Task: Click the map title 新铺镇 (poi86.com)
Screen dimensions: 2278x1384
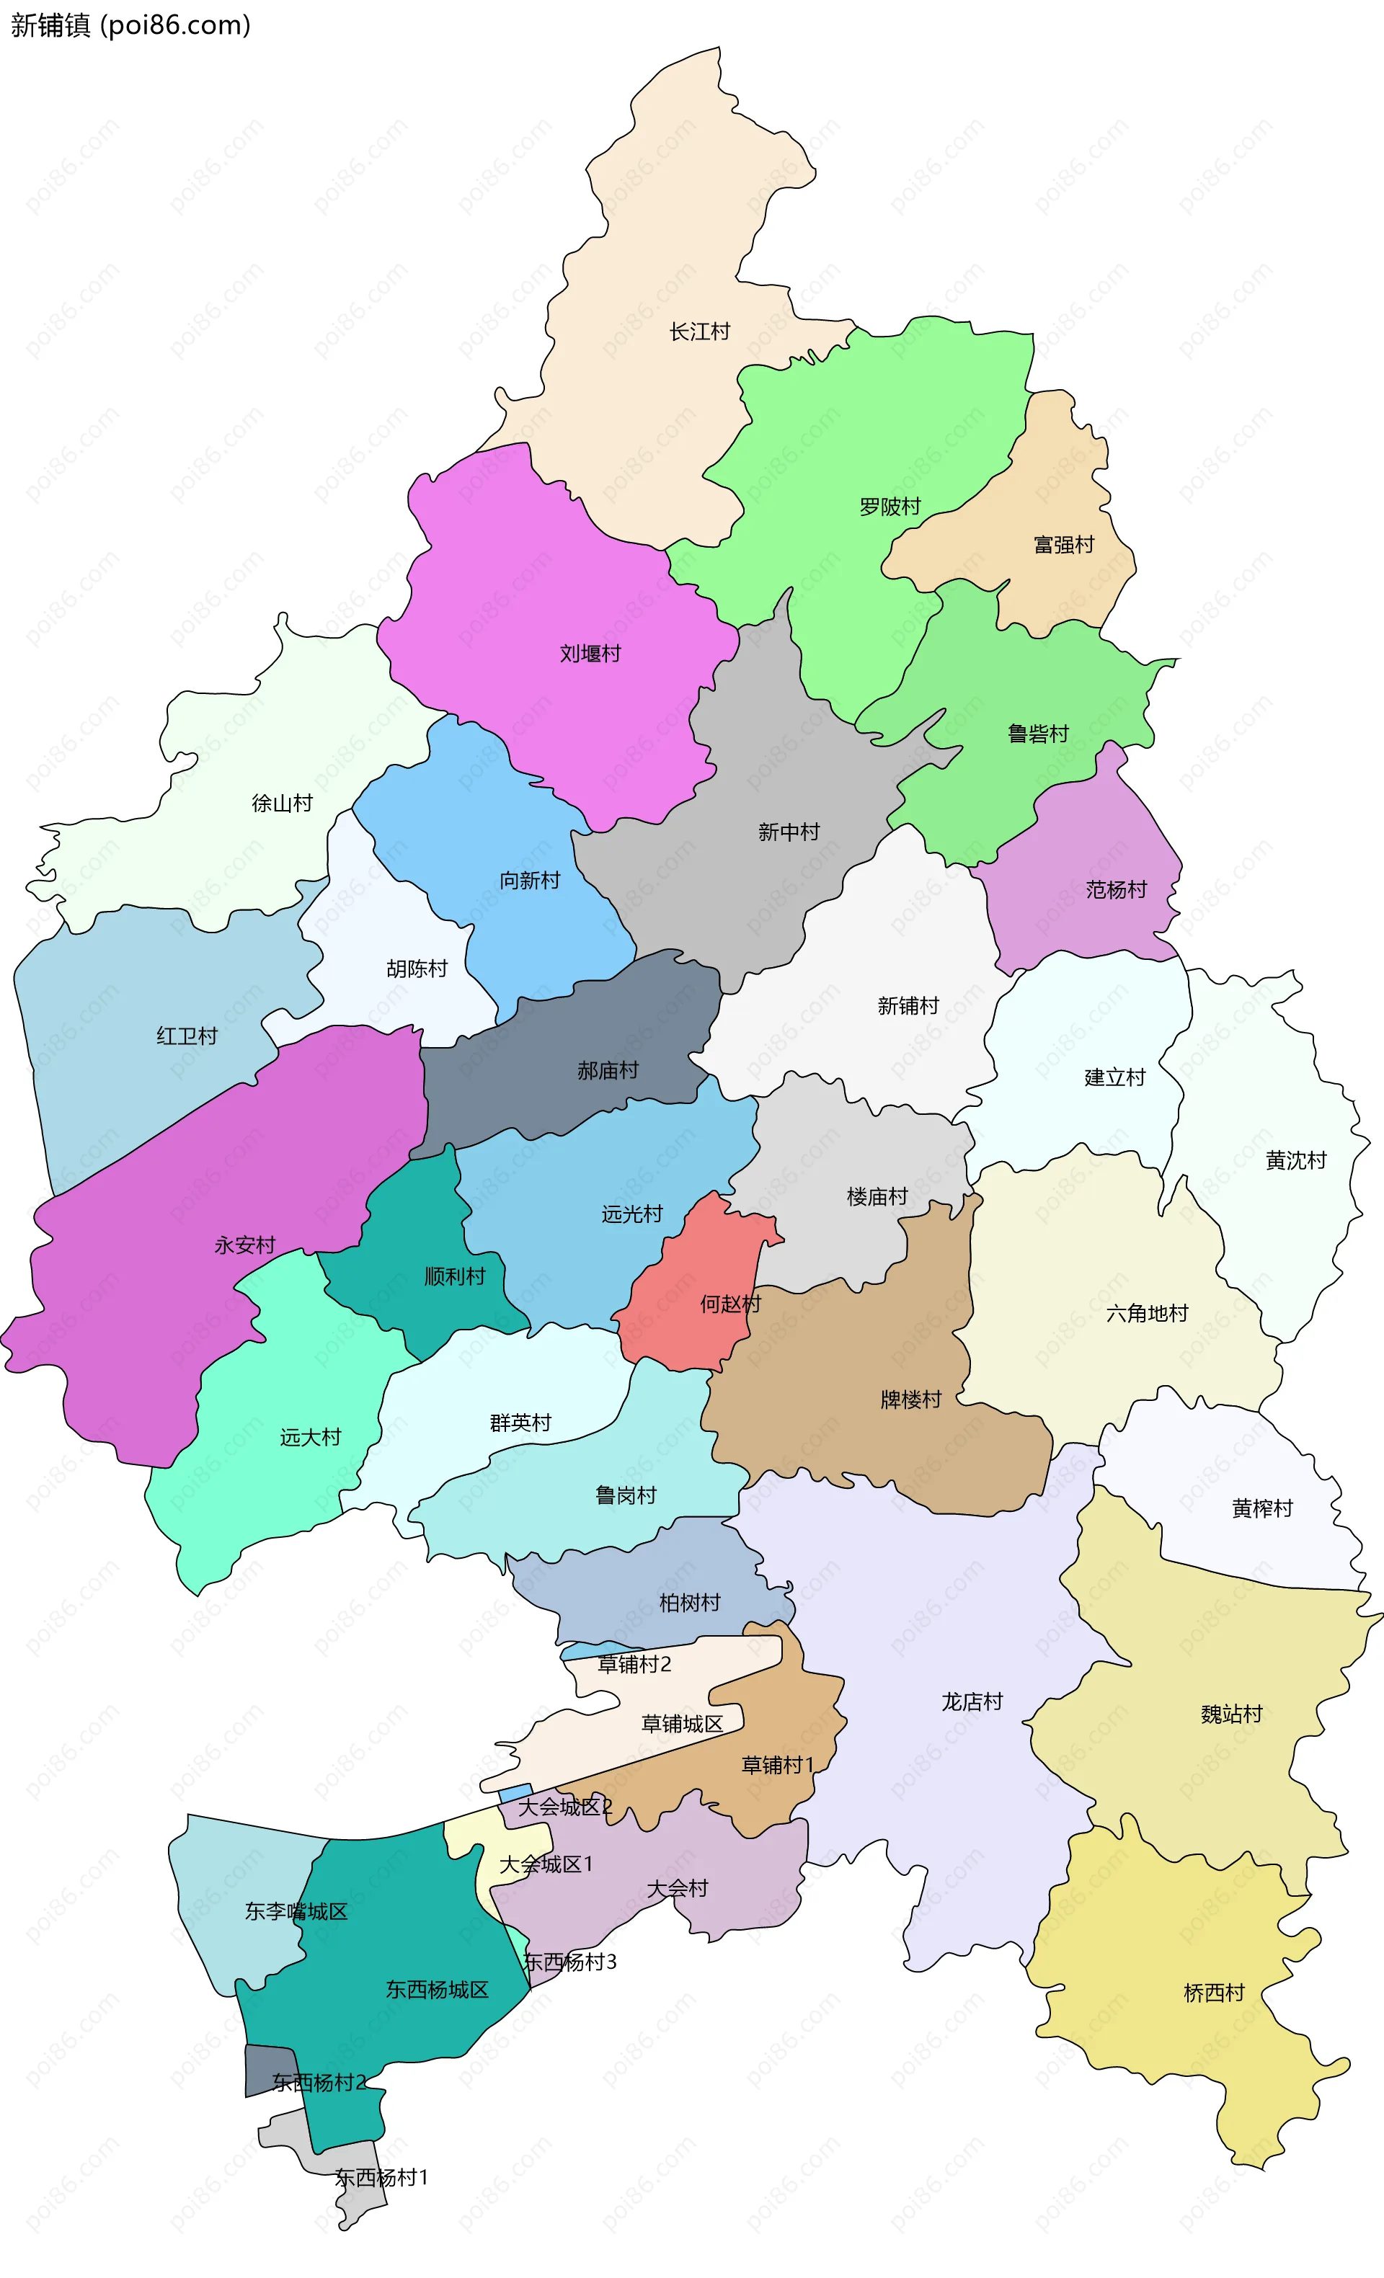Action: (x=130, y=25)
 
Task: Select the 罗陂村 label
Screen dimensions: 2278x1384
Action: (x=890, y=507)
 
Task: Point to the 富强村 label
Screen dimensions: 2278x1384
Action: (x=1063, y=545)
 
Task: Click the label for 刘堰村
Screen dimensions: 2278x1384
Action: (x=590, y=654)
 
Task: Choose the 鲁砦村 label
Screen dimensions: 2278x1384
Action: (x=1037, y=734)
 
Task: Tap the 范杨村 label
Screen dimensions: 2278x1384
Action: (x=1116, y=889)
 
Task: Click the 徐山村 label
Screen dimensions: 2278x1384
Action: (x=282, y=803)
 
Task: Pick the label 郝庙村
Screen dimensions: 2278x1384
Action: (x=608, y=1071)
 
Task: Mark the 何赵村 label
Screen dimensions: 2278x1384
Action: (x=729, y=1304)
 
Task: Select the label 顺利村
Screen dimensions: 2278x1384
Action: (x=454, y=1277)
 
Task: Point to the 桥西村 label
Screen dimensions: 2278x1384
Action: (x=1214, y=1993)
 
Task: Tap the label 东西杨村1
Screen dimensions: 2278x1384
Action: (x=381, y=2177)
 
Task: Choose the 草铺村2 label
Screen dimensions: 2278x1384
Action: (x=634, y=1664)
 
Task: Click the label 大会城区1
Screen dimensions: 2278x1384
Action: (x=546, y=1865)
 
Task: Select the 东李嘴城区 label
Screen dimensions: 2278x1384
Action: (x=296, y=1911)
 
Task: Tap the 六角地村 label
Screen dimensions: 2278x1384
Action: (x=1146, y=1313)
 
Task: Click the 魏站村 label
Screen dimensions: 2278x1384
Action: (x=1231, y=1714)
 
